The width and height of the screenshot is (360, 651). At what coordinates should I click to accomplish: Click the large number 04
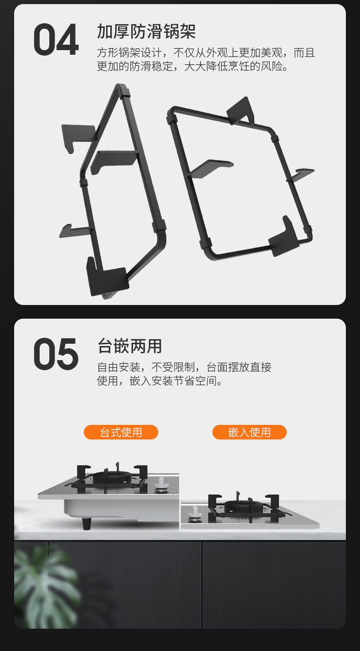[x=56, y=39]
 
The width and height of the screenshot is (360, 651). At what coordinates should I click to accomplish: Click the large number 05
[x=56, y=354]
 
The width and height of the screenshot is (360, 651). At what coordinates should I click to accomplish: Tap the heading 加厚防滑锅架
[x=146, y=31]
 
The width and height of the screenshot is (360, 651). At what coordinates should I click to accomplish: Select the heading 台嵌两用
[x=129, y=346]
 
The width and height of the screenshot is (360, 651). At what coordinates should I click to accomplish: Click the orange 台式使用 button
[x=121, y=432]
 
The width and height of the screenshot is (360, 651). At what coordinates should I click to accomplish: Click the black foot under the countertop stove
[x=86, y=524]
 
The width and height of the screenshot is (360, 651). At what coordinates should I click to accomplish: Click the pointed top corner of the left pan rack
[x=119, y=86]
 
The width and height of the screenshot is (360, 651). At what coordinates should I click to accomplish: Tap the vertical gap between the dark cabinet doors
[x=201, y=584]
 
